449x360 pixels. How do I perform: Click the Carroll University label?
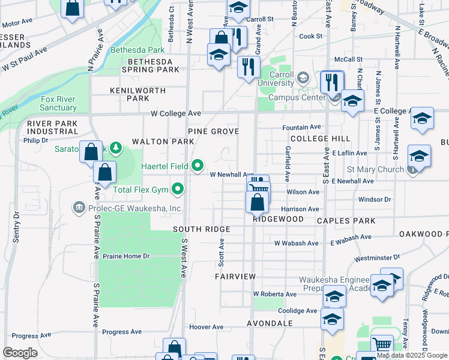tap(277, 79)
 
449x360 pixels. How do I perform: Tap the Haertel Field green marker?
tap(197, 166)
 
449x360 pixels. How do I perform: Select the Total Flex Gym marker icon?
tap(177, 190)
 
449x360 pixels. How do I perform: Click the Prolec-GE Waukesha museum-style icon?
tap(79, 208)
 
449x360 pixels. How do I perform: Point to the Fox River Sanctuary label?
tap(58, 103)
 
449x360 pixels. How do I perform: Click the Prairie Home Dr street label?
tap(125, 256)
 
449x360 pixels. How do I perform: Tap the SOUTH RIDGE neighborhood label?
tap(202, 230)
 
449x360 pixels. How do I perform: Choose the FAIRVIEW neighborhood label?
tap(235, 277)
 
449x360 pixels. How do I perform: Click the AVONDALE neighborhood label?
tap(269, 323)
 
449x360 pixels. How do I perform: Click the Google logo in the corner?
tap(20, 353)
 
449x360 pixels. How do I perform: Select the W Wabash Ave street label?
tap(296, 244)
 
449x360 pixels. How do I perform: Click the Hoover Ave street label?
tap(206, 327)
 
